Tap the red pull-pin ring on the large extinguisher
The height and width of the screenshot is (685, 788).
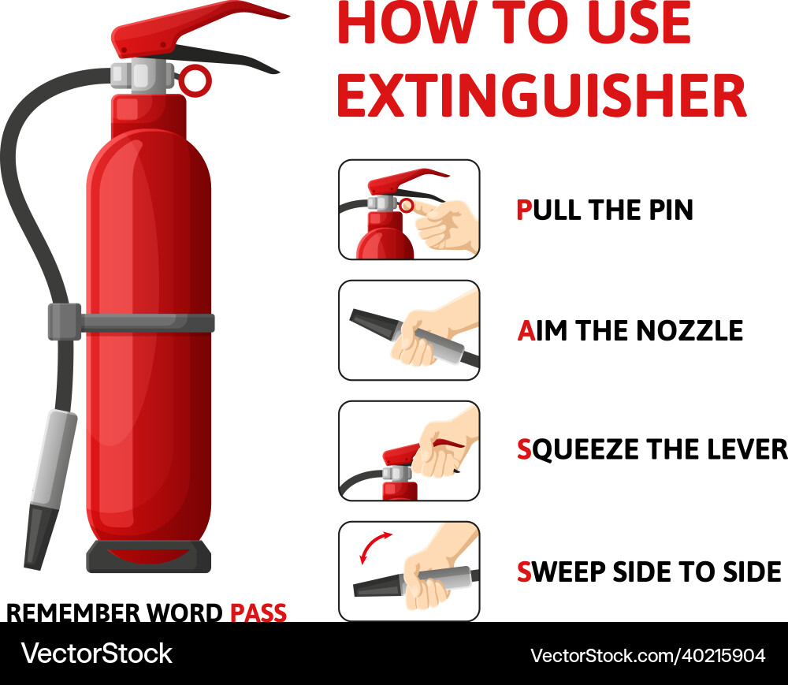(x=195, y=79)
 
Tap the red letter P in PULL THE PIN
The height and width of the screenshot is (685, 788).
(x=524, y=210)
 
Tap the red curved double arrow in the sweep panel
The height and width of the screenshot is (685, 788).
(x=375, y=546)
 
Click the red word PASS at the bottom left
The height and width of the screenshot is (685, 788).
(x=258, y=612)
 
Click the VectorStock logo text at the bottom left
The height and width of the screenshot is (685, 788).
(x=96, y=653)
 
